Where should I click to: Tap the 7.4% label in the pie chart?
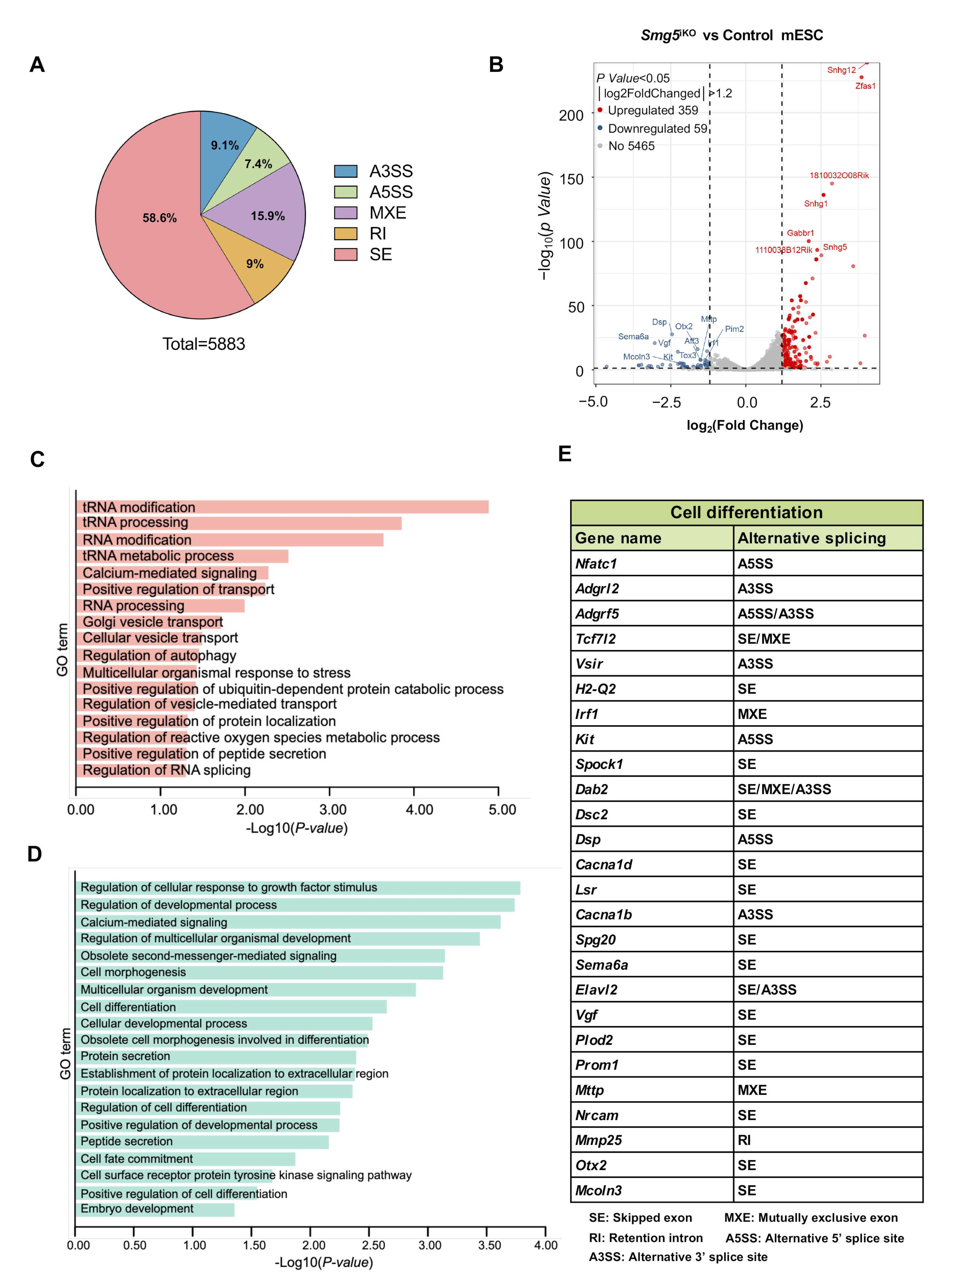coord(258,164)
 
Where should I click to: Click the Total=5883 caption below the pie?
coord(204,344)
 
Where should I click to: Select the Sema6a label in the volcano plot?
coord(633,337)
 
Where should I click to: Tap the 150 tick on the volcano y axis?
coord(571,179)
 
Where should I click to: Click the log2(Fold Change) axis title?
coord(744,425)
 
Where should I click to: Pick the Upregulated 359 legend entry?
coord(652,110)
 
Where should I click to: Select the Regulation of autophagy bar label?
coord(159,655)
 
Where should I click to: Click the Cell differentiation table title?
coord(746,512)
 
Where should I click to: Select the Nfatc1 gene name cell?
coord(651,563)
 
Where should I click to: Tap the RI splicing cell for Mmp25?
coord(827,1140)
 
